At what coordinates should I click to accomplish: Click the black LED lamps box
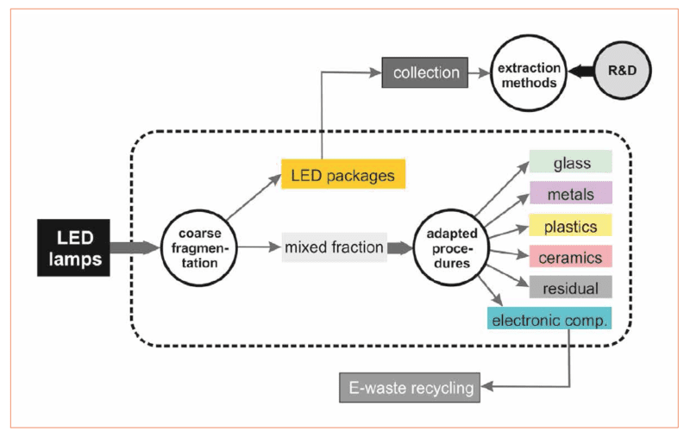click(x=73, y=247)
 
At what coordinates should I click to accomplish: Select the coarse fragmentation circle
click(x=198, y=247)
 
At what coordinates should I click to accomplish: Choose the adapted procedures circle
click(x=447, y=247)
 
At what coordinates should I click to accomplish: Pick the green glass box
click(x=570, y=161)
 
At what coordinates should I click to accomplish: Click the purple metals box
click(x=570, y=192)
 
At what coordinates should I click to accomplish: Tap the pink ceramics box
click(x=570, y=256)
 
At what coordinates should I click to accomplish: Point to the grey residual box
click(x=570, y=287)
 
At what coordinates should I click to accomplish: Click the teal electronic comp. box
click(x=549, y=319)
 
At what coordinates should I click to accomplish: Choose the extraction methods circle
click(x=526, y=73)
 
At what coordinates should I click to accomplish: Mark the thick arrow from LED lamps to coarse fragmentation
click(x=136, y=247)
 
